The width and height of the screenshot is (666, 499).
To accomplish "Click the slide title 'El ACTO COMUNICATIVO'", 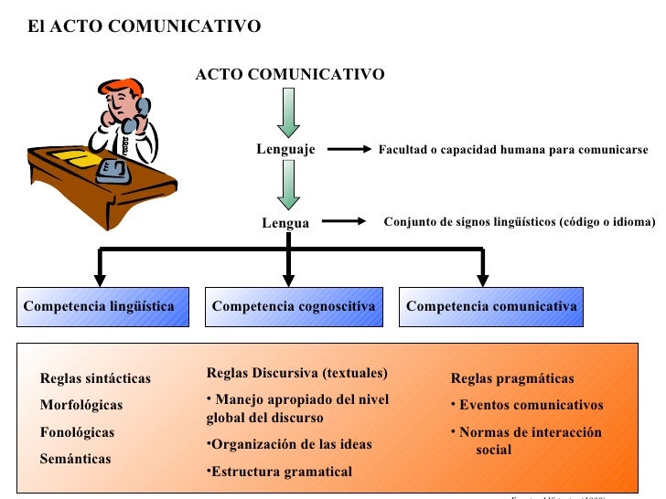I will [x=144, y=27].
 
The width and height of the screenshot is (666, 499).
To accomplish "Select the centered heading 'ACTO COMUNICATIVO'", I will [x=290, y=74].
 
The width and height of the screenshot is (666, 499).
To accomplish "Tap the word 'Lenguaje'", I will [x=285, y=149].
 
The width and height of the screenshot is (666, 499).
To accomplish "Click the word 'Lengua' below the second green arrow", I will [x=285, y=222].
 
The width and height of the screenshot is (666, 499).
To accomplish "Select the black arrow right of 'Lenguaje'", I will [x=348, y=150].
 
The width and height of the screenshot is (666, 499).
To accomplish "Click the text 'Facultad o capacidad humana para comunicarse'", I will [x=512, y=150].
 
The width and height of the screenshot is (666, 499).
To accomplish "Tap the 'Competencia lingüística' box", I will [x=102, y=306].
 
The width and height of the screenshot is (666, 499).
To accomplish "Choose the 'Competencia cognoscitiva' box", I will [x=294, y=306].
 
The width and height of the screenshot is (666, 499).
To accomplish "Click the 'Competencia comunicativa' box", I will [x=491, y=306].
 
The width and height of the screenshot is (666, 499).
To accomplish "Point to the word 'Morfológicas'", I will [x=81, y=405].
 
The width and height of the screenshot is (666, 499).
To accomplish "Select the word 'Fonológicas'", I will [x=78, y=431].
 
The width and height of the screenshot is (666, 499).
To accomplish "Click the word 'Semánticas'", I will [x=75, y=458].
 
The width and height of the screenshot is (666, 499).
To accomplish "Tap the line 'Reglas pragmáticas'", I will [x=512, y=378].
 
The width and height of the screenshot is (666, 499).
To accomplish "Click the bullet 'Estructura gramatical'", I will [x=279, y=472].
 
